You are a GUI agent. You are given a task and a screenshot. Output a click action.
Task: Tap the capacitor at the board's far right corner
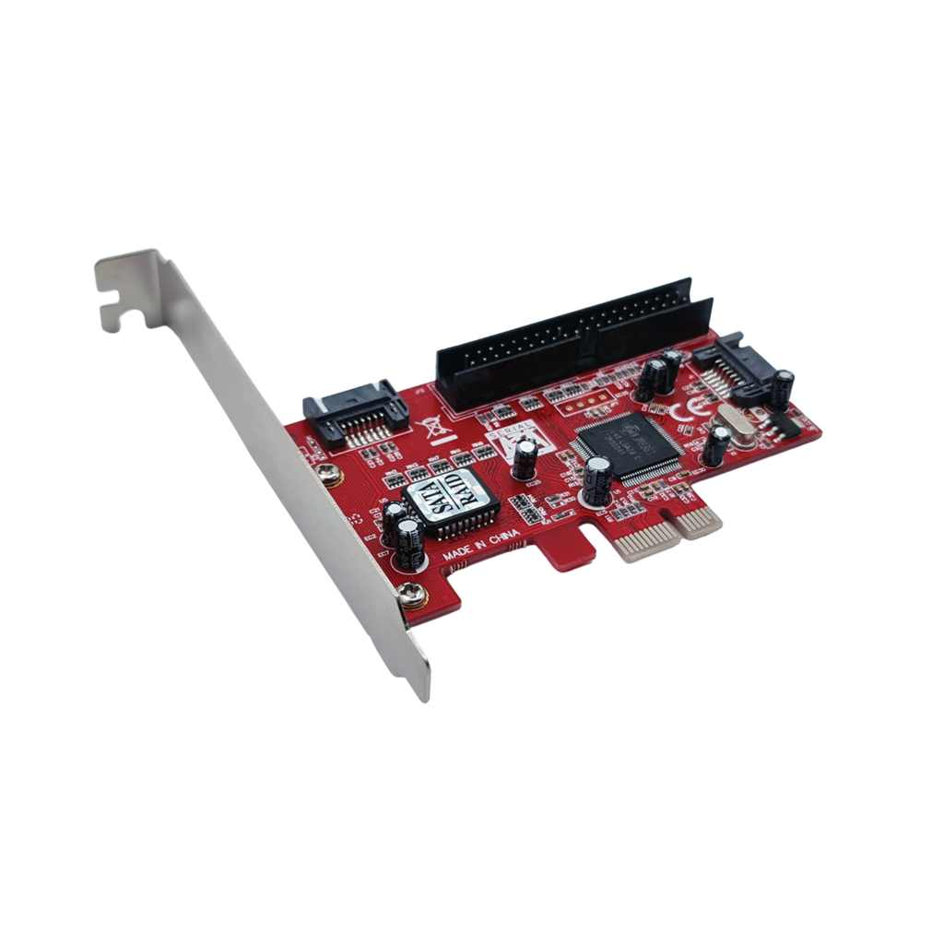click(784, 387)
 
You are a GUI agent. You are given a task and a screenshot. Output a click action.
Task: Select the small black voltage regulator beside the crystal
click(774, 424)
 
